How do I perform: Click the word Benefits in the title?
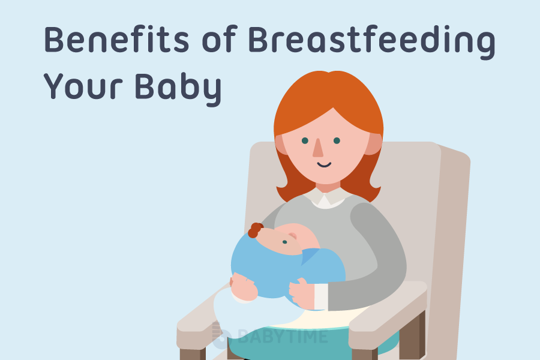tap(116, 39)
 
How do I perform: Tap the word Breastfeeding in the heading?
tap(371, 42)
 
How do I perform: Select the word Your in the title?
tap(83, 86)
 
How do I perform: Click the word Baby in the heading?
tap(178, 89)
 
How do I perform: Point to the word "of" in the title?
tap(220, 39)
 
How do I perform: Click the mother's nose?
tap(318, 148)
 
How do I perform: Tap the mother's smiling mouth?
tap(324, 165)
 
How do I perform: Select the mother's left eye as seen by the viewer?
tap(305, 140)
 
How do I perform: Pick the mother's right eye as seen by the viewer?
tap(337, 140)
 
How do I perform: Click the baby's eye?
tap(285, 242)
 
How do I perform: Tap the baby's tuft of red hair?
tap(255, 230)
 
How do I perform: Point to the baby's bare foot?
tap(244, 287)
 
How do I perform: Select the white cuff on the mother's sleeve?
tap(321, 296)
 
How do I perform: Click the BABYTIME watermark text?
tap(283, 337)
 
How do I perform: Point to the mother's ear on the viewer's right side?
tap(373, 143)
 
